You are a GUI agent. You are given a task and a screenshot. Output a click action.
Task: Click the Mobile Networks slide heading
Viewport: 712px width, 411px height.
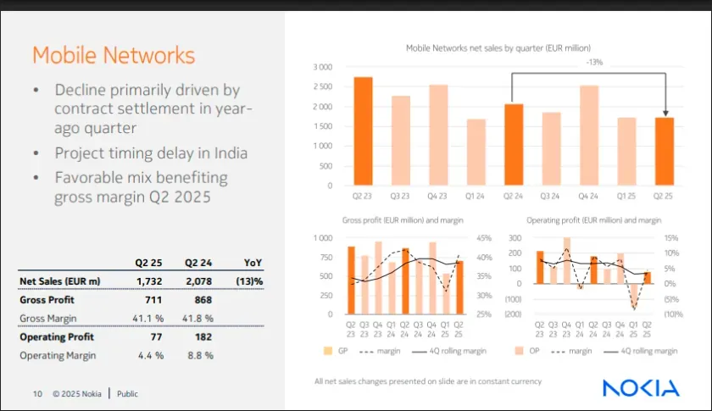click(x=114, y=56)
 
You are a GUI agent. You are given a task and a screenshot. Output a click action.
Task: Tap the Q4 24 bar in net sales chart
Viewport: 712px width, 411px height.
click(x=589, y=136)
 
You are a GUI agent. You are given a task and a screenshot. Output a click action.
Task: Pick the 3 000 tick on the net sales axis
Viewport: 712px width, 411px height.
click(x=322, y=67)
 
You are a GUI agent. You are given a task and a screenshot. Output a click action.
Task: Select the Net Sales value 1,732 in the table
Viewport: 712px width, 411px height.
click(x=147, y=280)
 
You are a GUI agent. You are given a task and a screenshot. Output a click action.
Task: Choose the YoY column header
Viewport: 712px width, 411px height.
click(x=253, y=262)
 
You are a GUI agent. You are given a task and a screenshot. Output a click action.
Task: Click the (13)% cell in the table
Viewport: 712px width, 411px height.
click(x=250, y=280)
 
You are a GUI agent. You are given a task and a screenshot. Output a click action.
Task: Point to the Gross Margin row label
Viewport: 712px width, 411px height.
click(x=48, y=319)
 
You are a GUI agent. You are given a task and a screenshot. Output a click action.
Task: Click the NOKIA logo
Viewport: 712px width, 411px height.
click(x=641, y=388)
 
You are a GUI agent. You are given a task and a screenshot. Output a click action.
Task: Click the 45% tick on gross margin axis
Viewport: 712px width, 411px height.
click(x=484, y=238)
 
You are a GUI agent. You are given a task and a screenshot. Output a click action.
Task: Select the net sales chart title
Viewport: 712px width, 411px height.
click(x=498, y=48)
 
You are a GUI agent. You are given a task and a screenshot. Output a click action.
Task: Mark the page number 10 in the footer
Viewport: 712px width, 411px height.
click(x=37, y=393)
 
